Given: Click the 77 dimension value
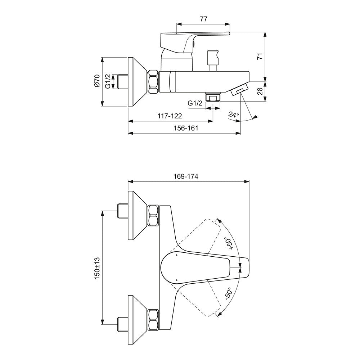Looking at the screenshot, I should tap(203, 19).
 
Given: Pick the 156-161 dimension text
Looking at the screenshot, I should tap(186, 128).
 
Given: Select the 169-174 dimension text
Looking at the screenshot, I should tap(186, 176).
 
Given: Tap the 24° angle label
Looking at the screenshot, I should tap(234, 115).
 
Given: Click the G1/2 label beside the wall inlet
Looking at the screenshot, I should tap(108, 81).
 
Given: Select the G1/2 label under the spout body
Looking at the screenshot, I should tap(195, 103).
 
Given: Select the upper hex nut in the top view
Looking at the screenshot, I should tap(153, 215).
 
